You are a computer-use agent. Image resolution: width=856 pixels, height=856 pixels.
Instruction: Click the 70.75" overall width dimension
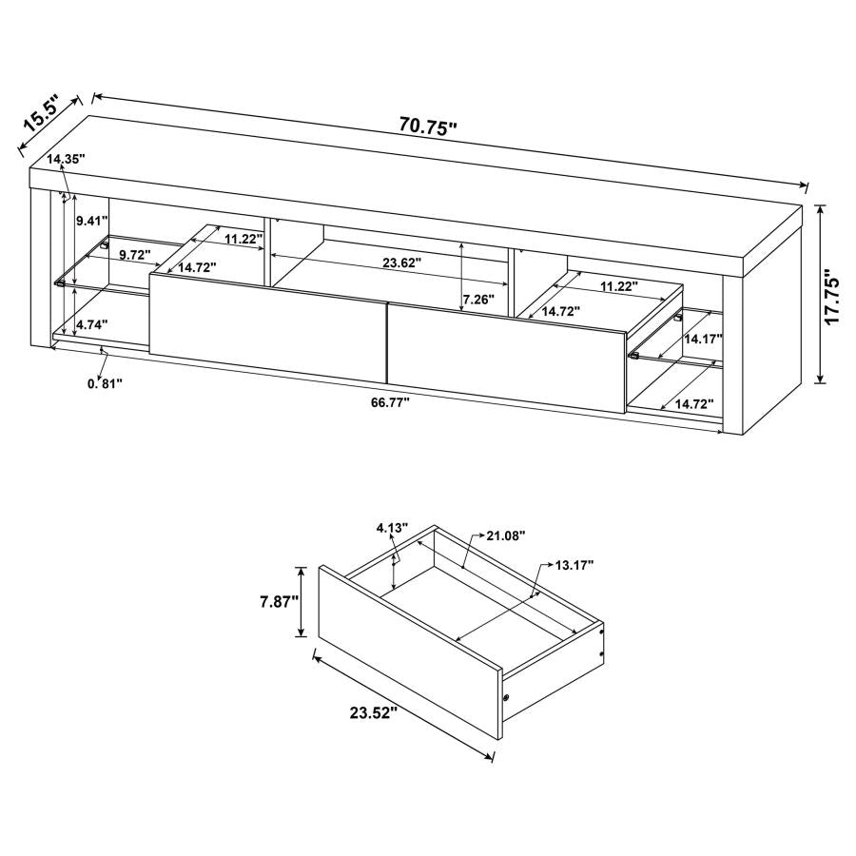pos(428,126)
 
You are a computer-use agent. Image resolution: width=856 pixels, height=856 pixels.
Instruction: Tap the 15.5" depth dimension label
pos(42,112)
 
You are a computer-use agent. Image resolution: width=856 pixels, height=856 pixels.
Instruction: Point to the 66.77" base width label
pos(390,402)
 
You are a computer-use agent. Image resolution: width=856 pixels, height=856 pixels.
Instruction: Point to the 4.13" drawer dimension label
pos(391,527)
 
